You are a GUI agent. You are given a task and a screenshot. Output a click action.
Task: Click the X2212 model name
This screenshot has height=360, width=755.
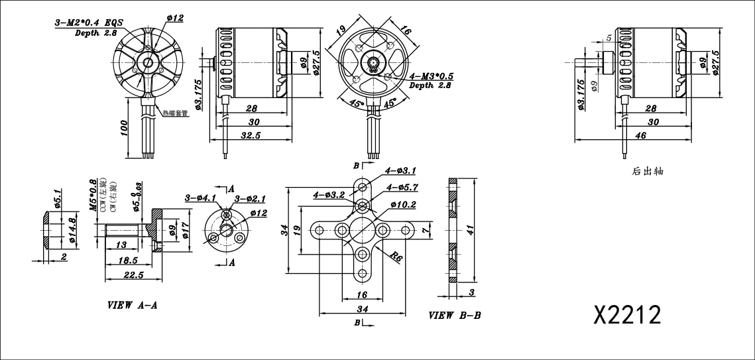point(627,315)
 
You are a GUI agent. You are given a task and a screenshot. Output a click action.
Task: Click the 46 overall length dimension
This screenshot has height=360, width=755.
point(640,135)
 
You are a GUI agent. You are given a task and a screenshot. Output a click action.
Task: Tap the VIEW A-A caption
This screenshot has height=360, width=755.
point(133,306)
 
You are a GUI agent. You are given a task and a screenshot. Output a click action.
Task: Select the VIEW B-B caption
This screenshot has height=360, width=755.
point(455,316)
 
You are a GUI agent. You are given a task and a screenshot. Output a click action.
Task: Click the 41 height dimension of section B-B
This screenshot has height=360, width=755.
point(470,229)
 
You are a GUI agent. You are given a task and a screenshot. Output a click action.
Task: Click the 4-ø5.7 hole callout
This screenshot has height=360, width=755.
point(401,188)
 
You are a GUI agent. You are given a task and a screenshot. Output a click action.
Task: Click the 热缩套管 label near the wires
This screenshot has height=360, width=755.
point(176,113)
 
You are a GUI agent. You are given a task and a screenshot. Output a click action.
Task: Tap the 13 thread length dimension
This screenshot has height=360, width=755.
point(121,245)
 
